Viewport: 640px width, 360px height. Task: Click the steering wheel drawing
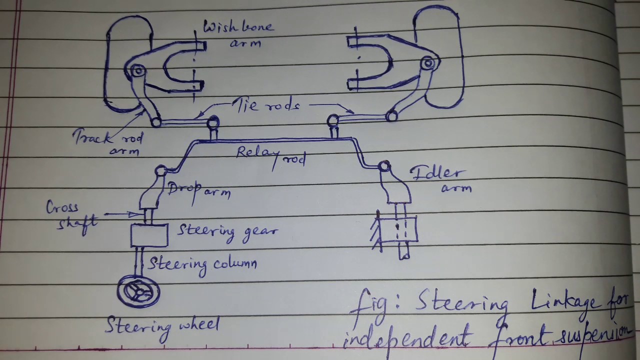pyautogui.click(x=138, y=291)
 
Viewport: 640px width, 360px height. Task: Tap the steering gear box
pyautogui.click(x=149, y=235)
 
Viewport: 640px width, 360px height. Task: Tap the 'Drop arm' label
pyautogui.click(x=199, y=189)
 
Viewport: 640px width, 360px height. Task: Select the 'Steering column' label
pyautogui.click(x=202, y=264)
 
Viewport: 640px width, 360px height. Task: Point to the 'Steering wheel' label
pyautogui.click(x=162, y=326)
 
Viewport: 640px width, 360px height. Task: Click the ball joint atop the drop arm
pyautogui.click(x=160, y=171)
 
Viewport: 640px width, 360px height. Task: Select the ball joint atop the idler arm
pyautogui.click(x=384, y=166)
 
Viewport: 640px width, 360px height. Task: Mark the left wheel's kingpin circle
pyautogui.click(x=137, y=71)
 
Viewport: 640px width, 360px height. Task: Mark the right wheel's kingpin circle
pyautogui.click(x=427, y=63)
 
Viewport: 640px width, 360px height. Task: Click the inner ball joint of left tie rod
pyautogui.click(x=212, y=121)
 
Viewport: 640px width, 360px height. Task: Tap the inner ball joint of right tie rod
pyautogui.click(x=333, y=120)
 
